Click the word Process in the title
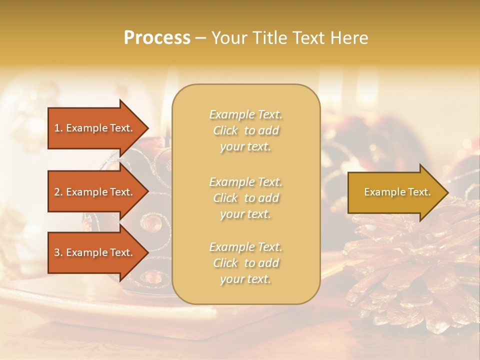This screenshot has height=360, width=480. (x=157, y=38)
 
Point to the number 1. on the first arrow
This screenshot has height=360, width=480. (x=58, y=128)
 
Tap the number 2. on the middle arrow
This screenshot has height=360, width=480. (x=58, y=192)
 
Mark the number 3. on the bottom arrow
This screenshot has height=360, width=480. (x=58, y=252)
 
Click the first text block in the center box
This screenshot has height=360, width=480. (x=245, y=130)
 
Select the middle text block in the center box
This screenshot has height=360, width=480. (x=245, y=198)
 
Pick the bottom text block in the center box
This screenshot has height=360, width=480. (x=245, y=263)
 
